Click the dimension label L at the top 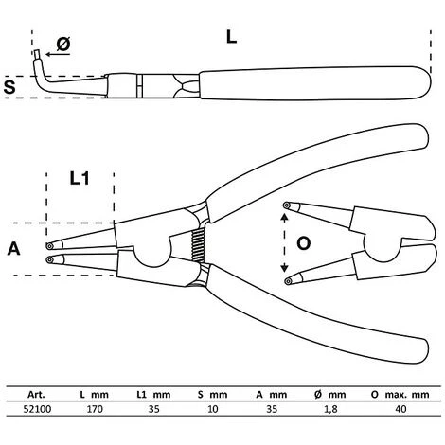click(x=231, y=37)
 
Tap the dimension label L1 click(x=80, y=178)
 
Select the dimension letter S click(x=9, y=87)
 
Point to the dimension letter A click(x=14, y=248)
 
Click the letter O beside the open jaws click(x=304, y=243)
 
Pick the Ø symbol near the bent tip click(x=63, y=44)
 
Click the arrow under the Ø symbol click(x=58, y=54)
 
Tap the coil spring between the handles click(x=199, y=245)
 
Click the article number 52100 click(x=37, y=409)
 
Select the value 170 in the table click(x=95, y=409)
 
